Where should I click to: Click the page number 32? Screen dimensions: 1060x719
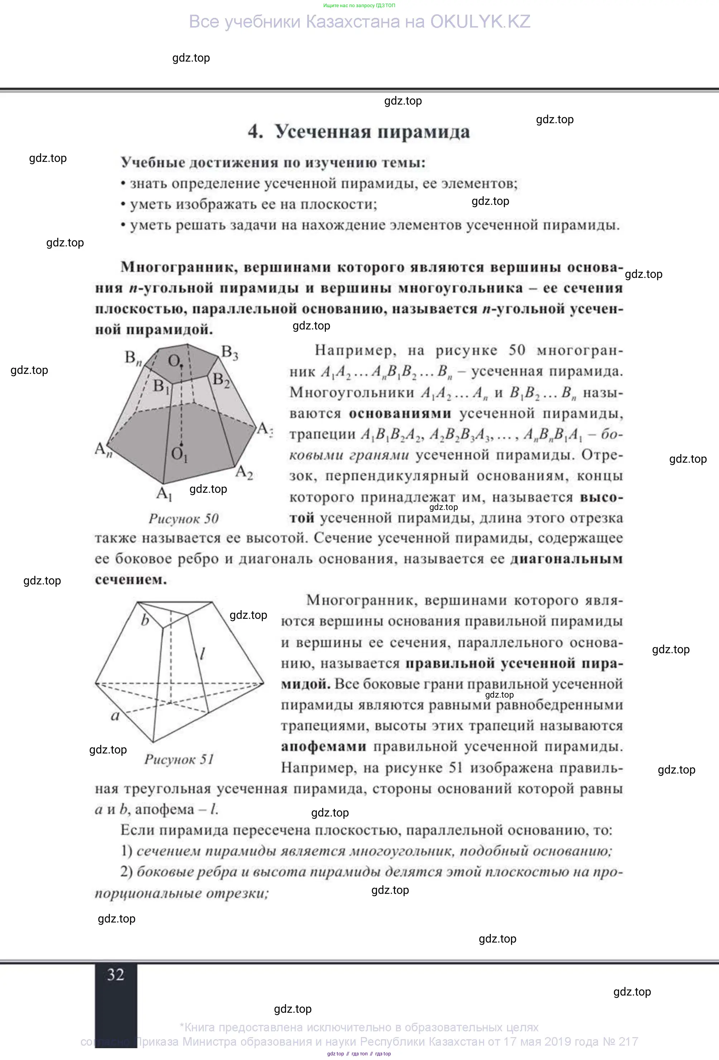pyautogui.click(x=115, y=975)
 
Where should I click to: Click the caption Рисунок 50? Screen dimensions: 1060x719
pyautogui.click(x=183, y=519)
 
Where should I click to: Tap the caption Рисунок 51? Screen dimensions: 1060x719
pyautogui.click(x=179, y=759)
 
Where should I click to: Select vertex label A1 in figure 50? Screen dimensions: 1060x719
pyautogui.click(x=164, y=493)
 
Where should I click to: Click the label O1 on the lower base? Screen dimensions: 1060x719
pyautogui.click(x=179, y=454)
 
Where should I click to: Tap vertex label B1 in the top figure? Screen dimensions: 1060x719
pyautogui.click(x=161, y=386)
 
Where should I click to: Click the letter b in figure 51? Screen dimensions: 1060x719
pyautogui.click(x=145, y=620)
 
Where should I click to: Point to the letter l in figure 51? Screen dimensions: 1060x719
pyautogui.click(x=202, y=654)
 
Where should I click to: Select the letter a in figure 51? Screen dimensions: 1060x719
pyautogui.click(x=115, y=715)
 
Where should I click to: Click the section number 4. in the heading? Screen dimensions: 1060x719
pyautogui.click(x=255, y=132)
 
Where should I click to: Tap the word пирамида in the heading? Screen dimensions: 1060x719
pyautogui.click(x=424, y=132)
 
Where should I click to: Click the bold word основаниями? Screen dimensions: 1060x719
pyautogui.click(x=400, y=414)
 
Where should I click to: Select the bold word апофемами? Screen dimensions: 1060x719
pyautogui.click(x=323, y=747)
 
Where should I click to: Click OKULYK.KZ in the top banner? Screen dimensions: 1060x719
pyautogui.click(x=480, y=22)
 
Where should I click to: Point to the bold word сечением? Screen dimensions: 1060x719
pyautogui.click(x=131, y=580)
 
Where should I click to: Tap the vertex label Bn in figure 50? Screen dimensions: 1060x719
pyautogui.click(x=133, y=358)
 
